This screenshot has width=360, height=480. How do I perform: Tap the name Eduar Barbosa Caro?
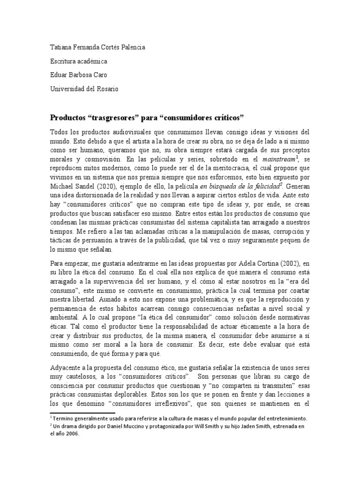pos(80,75)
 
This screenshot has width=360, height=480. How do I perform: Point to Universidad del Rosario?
pos(84,90)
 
